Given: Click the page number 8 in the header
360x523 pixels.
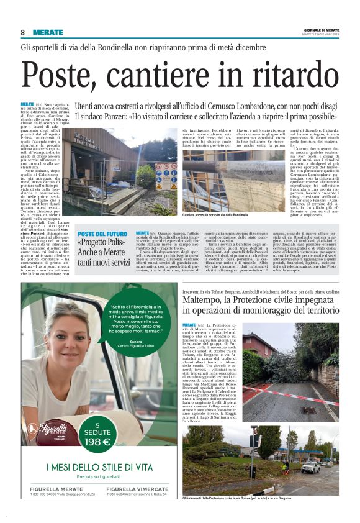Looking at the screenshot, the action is tap(23, 32).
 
